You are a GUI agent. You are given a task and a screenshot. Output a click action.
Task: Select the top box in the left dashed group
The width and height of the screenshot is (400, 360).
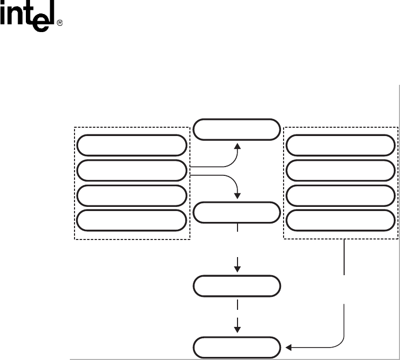click(131, 145)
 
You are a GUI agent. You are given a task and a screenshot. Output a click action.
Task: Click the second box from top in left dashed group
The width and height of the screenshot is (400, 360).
click(131, 170)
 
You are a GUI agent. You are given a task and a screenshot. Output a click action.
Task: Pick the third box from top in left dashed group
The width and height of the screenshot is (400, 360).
click(131, 196)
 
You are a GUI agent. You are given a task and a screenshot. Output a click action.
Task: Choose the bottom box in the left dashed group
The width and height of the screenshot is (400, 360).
click(131, 220)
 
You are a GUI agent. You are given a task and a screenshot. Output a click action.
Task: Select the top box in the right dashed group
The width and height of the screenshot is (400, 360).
click(339, 145)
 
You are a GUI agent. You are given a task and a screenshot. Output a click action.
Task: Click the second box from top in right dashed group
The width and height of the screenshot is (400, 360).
click(339, 170)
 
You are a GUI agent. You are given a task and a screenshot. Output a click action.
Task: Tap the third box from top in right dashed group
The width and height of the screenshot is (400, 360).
click(339, 196)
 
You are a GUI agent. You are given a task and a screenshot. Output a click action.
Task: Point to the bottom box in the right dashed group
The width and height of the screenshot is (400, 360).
click(339, 220)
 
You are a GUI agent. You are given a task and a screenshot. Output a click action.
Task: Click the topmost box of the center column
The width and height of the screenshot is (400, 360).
click(237, 130)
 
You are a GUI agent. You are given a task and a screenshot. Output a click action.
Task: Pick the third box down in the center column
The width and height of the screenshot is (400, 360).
click(237, 286)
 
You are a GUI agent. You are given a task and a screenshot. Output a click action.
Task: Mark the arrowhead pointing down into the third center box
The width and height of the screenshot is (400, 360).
click(238, 269)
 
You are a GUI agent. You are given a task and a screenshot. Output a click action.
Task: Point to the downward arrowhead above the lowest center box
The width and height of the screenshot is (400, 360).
click(238, 328)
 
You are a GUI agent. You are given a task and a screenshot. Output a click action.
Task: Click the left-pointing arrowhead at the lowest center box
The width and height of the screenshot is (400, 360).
click(289, 347)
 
